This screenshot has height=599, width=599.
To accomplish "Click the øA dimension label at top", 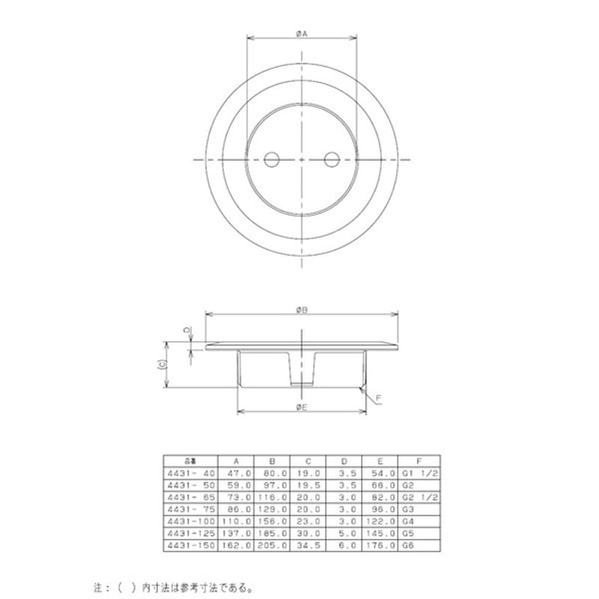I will [301, 33].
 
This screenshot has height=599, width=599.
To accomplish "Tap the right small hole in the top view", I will [330, 159].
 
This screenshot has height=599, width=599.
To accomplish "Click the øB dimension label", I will [301, 309].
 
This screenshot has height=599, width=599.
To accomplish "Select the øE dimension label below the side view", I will [301, 406].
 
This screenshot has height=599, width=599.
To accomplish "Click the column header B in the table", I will [272, 462].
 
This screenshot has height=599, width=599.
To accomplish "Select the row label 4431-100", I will [190, 520].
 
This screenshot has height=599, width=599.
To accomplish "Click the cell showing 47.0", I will [235, 473].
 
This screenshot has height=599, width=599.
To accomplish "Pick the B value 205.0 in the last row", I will [272, 546].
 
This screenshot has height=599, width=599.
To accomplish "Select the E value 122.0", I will [381, 520].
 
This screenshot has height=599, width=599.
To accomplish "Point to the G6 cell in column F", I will [408, 546].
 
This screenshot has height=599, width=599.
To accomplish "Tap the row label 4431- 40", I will [190, 473].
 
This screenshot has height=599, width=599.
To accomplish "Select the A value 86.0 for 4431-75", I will [235, 508].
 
